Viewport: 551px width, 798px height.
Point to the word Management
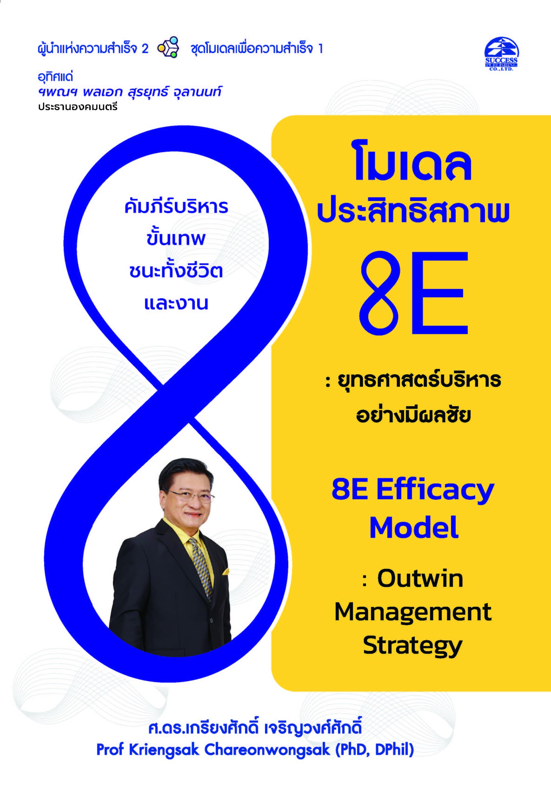coord(413,612)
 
